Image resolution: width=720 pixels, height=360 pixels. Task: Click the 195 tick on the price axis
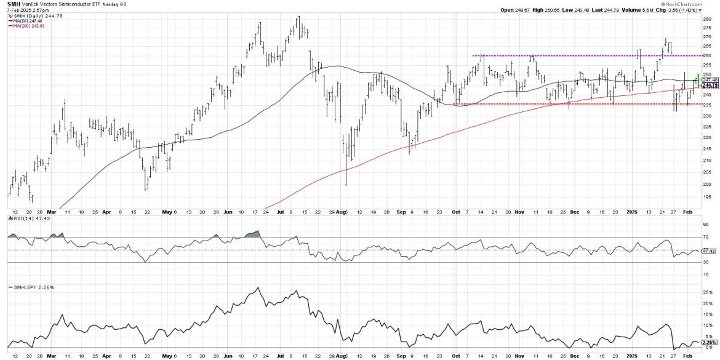(707, 197)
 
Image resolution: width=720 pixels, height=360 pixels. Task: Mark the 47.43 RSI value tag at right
(710, 251)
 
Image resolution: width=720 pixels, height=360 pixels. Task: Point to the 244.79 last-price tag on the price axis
(710, 86)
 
